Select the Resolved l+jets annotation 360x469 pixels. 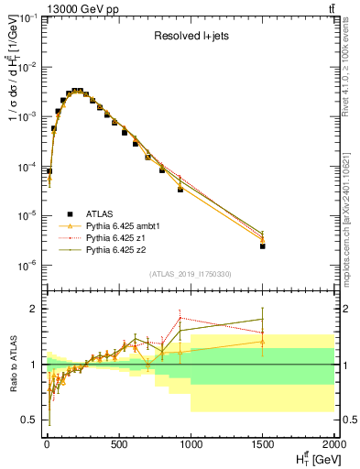[x=191, y=37]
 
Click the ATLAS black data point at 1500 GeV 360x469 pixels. [x=263, y=245]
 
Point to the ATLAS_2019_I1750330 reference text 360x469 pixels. [x=191, y=274]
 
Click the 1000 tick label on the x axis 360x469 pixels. [x=191, y=445]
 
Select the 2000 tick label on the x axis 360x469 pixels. [x=334, y=445]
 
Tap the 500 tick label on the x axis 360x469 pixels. [x=118, y=445]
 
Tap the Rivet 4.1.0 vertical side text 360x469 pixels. [x=351, y=73]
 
